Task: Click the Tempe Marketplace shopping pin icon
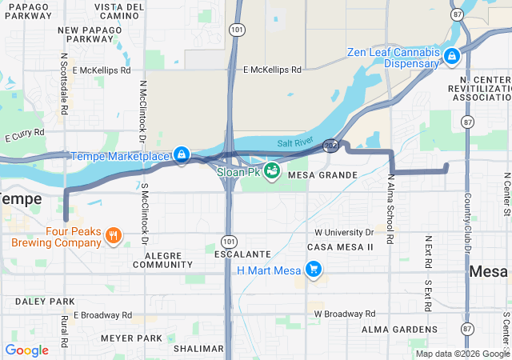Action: coord(182,154)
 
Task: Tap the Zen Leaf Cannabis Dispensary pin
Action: coord(452,56)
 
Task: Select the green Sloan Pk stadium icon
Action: coord(272,170)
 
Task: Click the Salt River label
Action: coord(294,142)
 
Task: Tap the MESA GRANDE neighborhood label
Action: coord(322,174)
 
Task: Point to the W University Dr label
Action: coord(344,233)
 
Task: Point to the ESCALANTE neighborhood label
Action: coord(242,254)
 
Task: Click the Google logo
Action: coord(26,350)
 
